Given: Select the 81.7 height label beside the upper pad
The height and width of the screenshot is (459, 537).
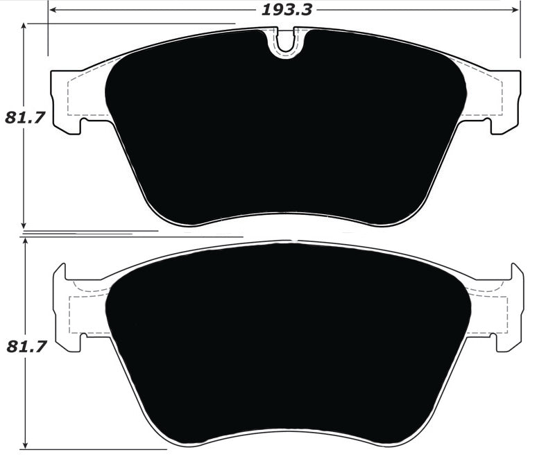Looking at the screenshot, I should coord(25,117).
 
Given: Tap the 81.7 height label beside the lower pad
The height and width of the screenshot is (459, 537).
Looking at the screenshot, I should coord(26,346).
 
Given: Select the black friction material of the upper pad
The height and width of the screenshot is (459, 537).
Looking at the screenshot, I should coord(284,132).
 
